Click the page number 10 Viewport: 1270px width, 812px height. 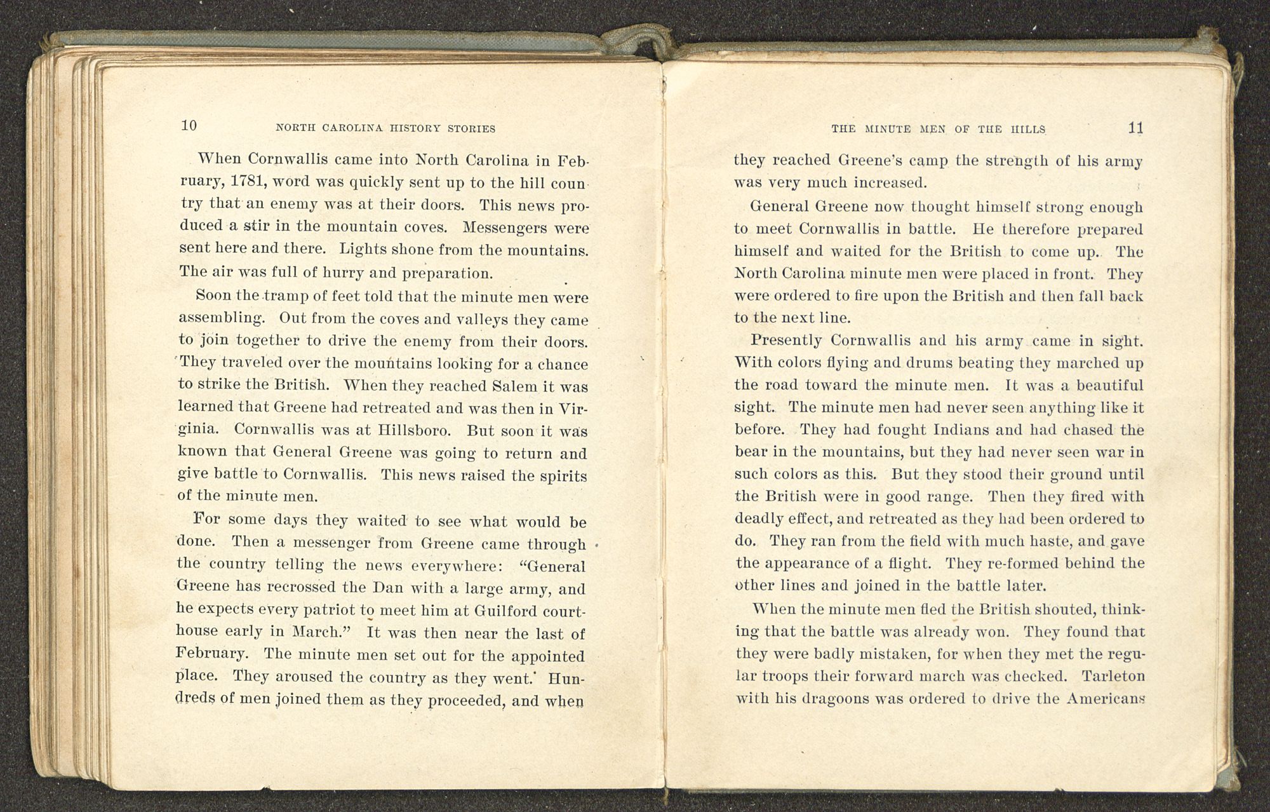click(x=189, y=125)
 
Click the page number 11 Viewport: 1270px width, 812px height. click(x=1135, y=128)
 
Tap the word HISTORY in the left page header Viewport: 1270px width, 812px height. click(x=409, y=128)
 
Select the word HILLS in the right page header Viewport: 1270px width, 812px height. click(x=1028, y=129)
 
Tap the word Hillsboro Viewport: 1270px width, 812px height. click(x=413, y=430)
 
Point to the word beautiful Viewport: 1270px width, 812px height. click(x=1106, y=385)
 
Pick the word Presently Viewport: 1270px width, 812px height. click(x=786, y=341)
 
